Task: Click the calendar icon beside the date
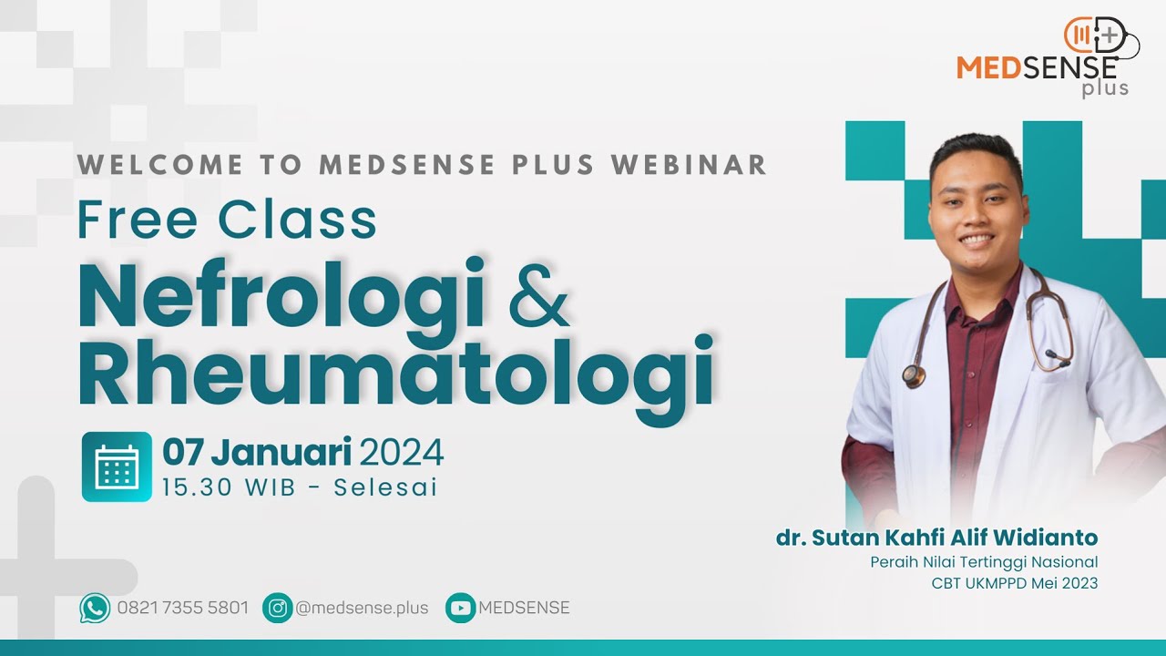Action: click(117, 466)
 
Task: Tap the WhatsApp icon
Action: click(95, 608)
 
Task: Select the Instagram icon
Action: click(277, 608)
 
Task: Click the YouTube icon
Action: click(460, 608)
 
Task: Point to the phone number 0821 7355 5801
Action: click(182, 608)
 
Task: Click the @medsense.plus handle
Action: click(362, 608)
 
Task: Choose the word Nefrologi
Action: click(282, 293)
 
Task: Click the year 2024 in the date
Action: click(402, 453)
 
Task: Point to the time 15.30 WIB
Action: click(229, 487)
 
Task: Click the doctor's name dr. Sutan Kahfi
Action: click(936, 538)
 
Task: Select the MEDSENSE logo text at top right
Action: click(1037, 67)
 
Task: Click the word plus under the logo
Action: click(1105, 89)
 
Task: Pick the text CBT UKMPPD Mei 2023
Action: click(1014, 583)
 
